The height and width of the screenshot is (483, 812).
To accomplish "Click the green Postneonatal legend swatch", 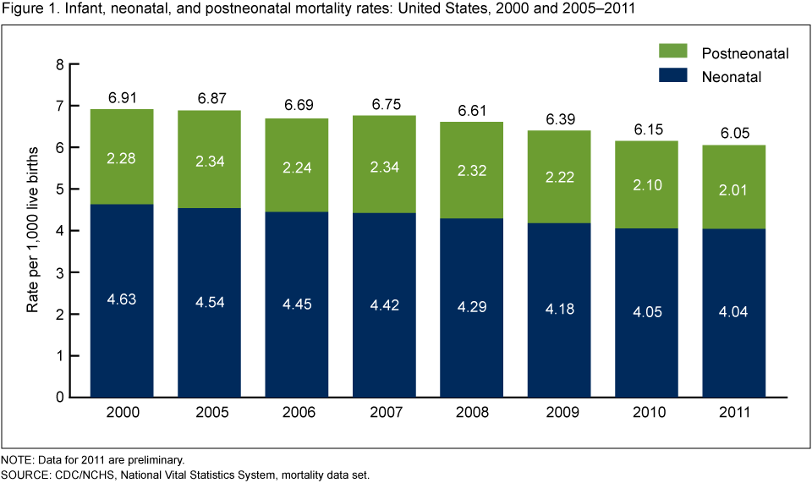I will [675, 54].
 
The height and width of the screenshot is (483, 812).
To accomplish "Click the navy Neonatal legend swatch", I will [675, 77].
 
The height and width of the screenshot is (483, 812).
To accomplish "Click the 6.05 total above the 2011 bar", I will [732, 134].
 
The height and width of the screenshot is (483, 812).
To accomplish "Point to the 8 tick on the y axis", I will [59, 65].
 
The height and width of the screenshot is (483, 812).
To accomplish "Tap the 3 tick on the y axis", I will [59, 272].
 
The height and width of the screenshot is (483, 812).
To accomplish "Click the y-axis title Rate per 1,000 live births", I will [33, 230].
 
